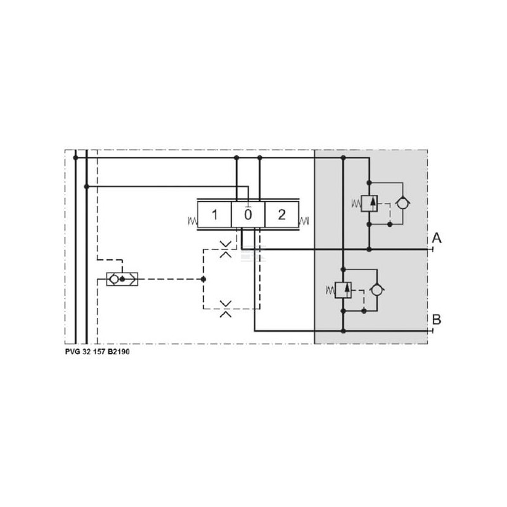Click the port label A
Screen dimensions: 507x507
tap(437, 238)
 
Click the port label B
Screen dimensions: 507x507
tap(437, 319)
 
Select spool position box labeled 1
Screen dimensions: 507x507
tap(214, 215)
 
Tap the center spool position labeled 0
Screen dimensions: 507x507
tap(248, 215)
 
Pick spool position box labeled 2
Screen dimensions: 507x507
tap(281, 215)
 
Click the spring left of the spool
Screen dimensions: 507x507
tap(193, 221)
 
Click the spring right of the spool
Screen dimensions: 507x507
tap(304, 221)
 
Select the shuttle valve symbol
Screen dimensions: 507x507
tap(122, 279)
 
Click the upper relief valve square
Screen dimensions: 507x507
tap(369, 203)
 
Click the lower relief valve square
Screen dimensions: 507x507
tap(343, 290)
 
